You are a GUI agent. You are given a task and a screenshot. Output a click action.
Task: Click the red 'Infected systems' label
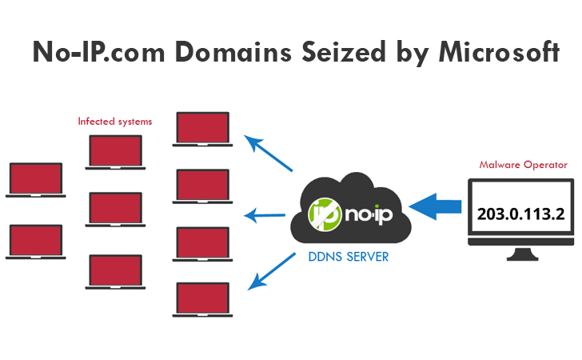[114, 122]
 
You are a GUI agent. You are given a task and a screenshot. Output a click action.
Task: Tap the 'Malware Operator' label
[523, 165]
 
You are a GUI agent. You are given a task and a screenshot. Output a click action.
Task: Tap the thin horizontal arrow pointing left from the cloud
[265, 214]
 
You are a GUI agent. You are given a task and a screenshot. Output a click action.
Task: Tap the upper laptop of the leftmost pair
[34, 180]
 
